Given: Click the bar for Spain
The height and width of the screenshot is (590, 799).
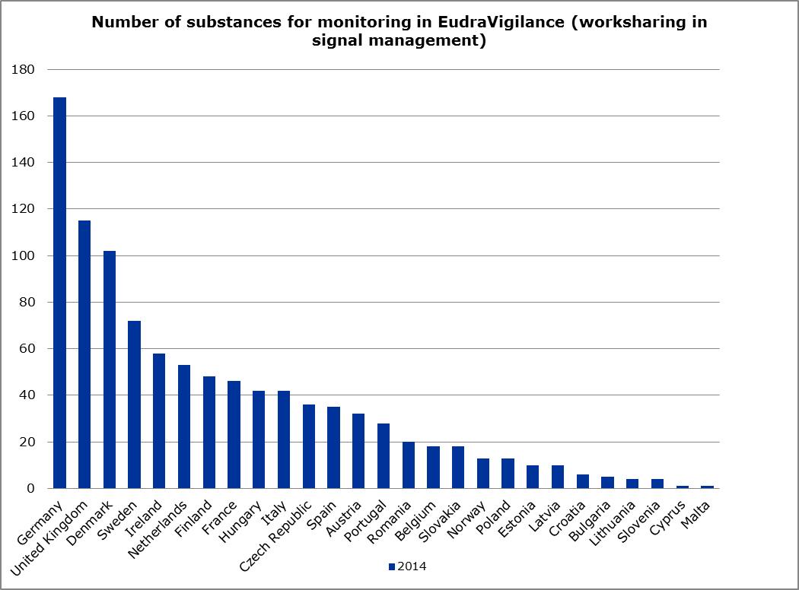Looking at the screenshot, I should [334, 448].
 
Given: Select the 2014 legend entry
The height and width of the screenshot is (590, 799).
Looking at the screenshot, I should [406, 566].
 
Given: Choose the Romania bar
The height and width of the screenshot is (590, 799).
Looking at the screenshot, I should [409, 465].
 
